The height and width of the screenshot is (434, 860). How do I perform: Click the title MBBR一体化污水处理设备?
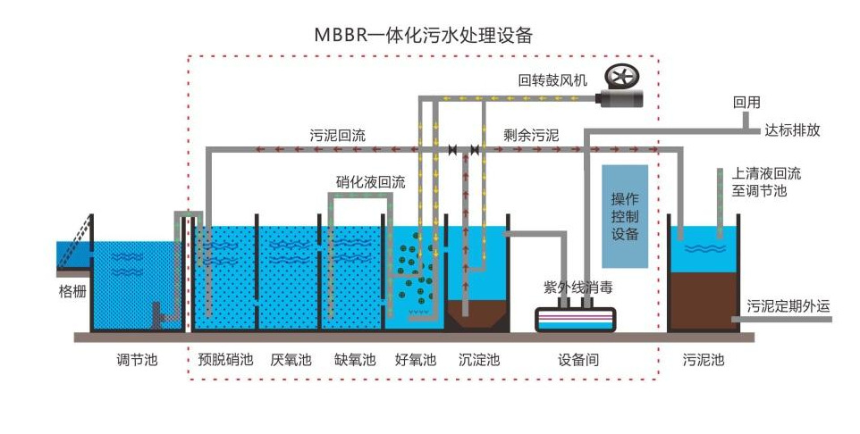424,35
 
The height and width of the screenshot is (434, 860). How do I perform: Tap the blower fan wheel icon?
622,78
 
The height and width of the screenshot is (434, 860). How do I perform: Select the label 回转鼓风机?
552,80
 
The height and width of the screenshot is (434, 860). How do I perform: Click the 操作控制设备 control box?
625,216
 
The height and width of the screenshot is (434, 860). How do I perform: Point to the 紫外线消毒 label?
578,288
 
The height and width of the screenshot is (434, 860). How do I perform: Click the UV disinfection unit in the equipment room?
576,320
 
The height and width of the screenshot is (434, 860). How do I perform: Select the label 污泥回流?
338,136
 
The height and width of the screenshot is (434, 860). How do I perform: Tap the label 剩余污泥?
532,136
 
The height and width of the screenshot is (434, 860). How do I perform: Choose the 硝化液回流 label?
371,182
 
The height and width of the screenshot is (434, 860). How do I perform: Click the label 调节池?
137,360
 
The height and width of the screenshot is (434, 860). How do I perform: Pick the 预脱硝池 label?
225,360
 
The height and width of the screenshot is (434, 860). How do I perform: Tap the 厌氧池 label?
291,360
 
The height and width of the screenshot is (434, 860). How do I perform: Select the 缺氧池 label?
355,360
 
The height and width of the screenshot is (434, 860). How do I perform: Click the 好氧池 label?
415,360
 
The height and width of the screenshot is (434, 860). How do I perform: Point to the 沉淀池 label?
479,360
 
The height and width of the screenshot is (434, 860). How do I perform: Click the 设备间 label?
578,360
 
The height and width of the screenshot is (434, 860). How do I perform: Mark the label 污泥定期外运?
788,306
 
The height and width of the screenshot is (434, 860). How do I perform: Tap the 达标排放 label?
793,129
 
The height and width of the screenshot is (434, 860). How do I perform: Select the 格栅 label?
72,291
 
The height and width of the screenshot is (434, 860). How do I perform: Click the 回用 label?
746,103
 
